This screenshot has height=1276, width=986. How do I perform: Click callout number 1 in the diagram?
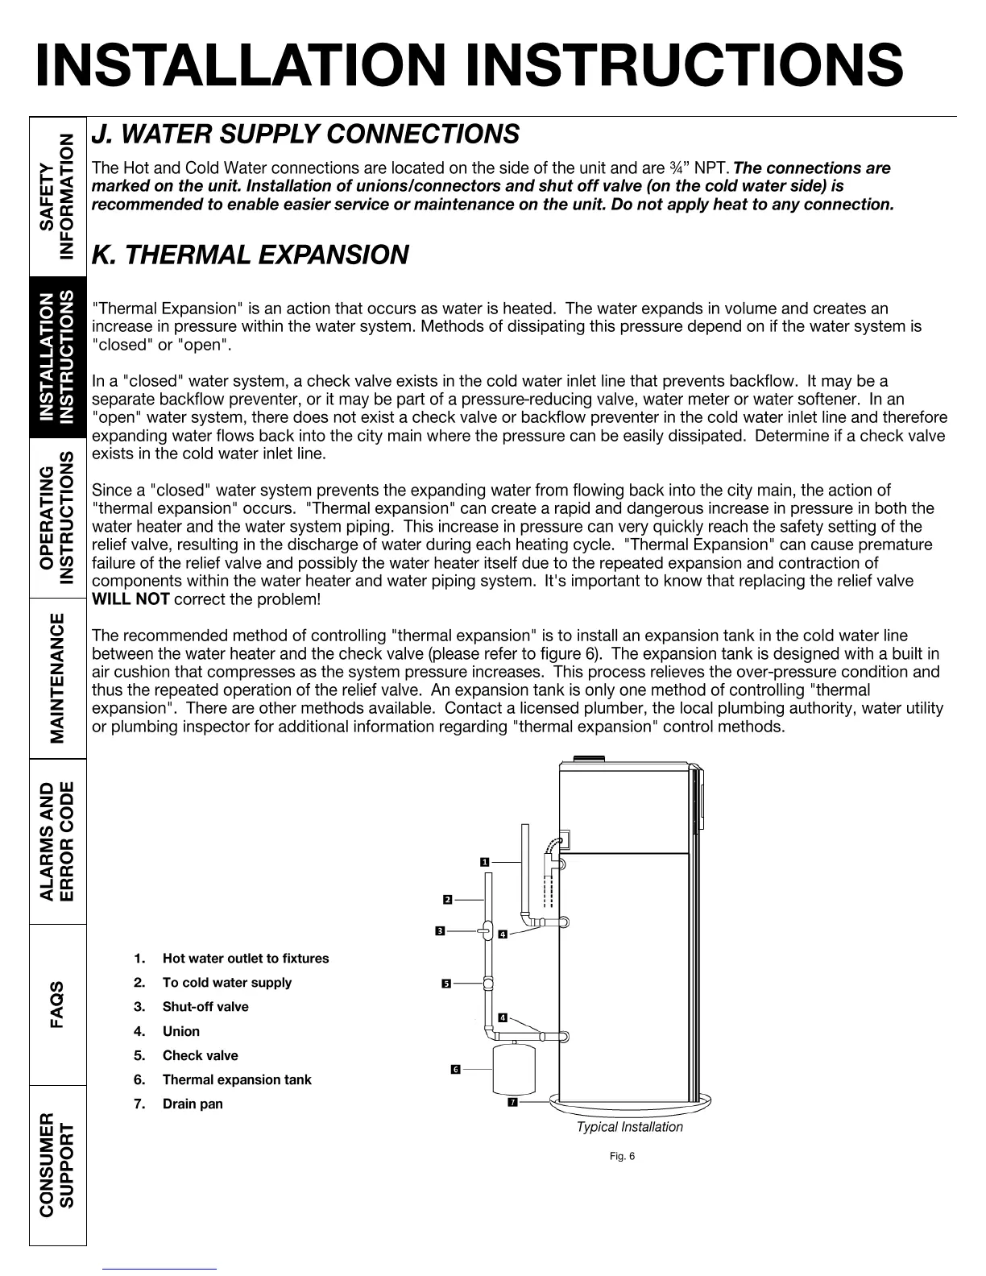pyautogui.click(x=485, y=862)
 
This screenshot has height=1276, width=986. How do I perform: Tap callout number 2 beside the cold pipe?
pyautogui.click(x=447, y=899)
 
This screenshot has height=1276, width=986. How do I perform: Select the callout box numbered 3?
pyautogui.click(x=440, y=931)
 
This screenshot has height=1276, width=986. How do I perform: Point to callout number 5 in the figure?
pyautogui.click(x=446, y=984)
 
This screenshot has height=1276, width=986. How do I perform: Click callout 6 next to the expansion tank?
pyautogui.click(x=455, y=1069)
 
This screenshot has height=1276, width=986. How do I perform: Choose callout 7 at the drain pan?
pyautogui.click(x=512, y=1102)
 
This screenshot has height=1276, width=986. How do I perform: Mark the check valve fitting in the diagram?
pyautogui.click(x=488, y=983)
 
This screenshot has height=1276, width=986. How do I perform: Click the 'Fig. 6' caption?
pyautogui.click(x=622, y=1157)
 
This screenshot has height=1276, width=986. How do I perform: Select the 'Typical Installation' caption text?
pyautogui.click(x=629, y=1127)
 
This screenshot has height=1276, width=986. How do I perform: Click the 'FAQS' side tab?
pyautogui.click(x=58, y=1004)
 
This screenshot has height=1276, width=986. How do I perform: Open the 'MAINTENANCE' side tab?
pyautogui.click(x=58, y=678)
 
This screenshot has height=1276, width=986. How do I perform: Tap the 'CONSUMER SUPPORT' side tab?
pyautogui.click(x=58, y=1165)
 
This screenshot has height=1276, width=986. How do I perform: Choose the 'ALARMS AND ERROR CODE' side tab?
pyautogui.click(x=58, y=841)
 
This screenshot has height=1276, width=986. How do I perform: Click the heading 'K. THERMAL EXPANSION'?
pyautogui.click(x=251, y=255)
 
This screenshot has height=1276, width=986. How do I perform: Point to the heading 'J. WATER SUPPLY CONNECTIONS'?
pyautogui.click(x=306, y=134)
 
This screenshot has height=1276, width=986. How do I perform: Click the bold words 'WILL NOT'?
pyautogui.click(x=130, y=599)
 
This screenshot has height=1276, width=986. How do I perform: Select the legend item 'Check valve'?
pyautogui.click(x=200, y=1055)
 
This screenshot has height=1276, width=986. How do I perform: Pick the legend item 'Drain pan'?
pyautogui.click(x=193, y=1104)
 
